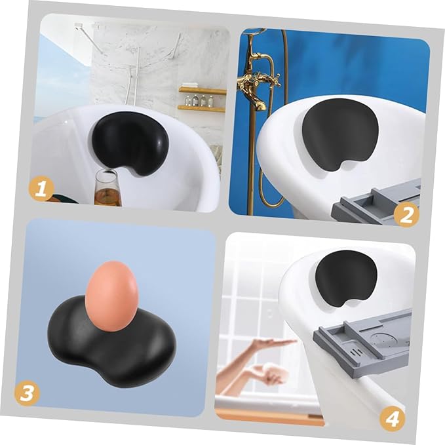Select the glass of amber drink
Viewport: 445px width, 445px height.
coord(106,187)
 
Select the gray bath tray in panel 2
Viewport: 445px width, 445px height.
coord(374,203)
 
